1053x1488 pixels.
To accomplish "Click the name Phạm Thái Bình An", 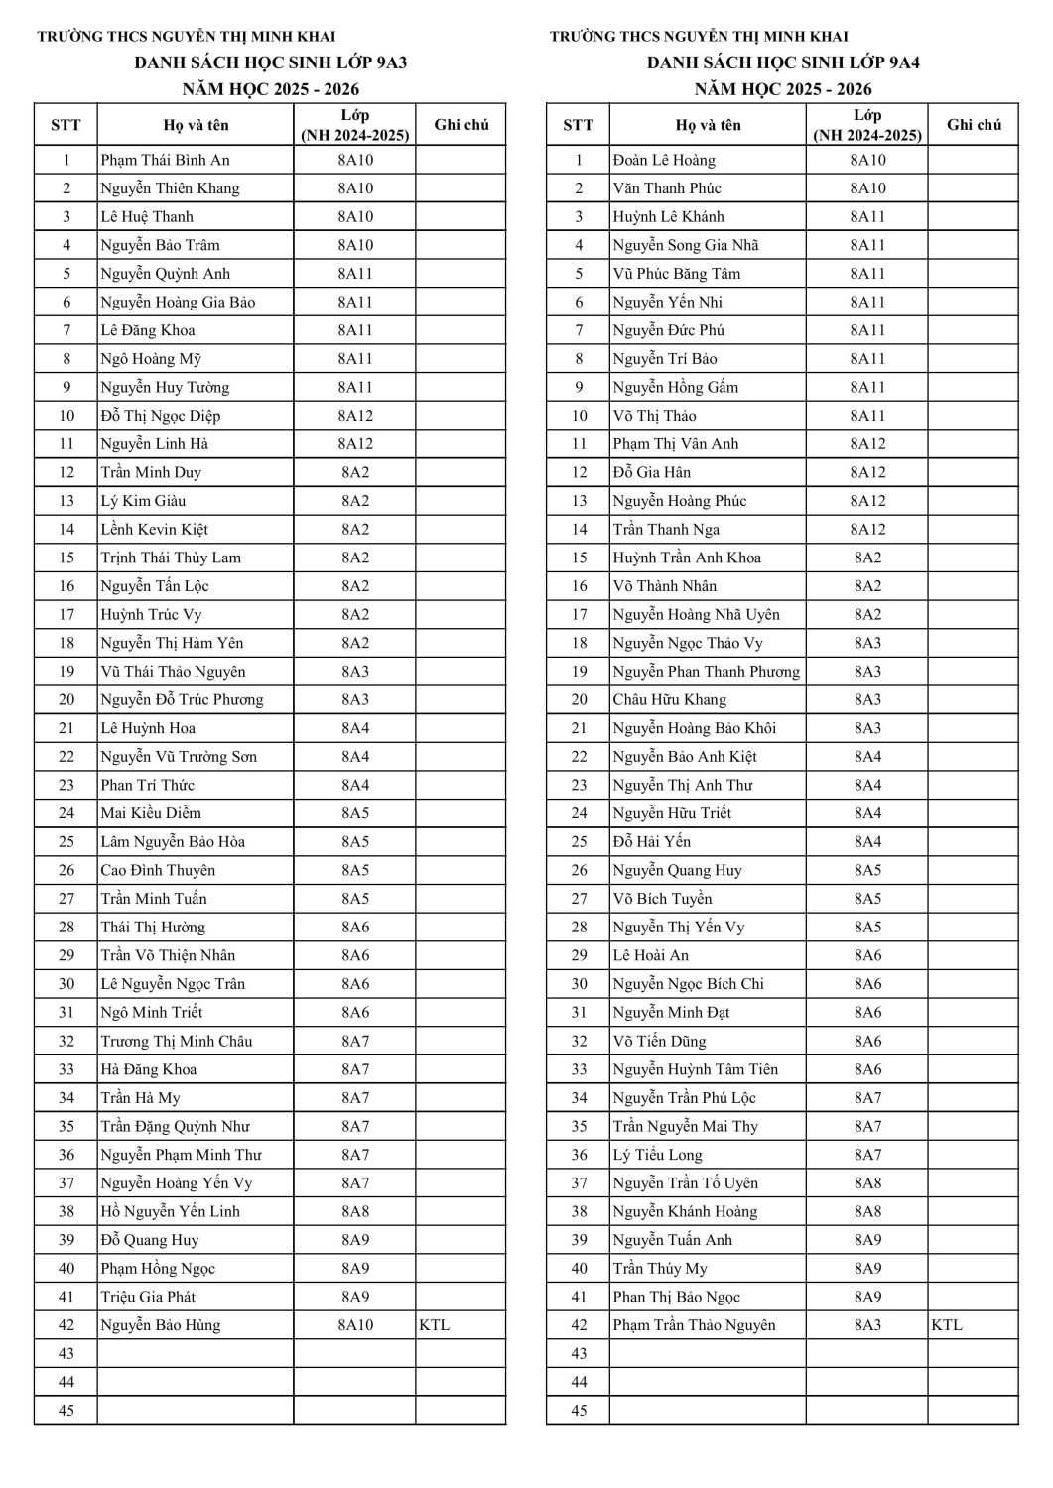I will coord(165,160).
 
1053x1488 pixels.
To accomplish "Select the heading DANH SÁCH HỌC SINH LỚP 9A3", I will coord(271,62).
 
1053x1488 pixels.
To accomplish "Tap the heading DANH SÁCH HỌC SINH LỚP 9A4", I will coord(783,62).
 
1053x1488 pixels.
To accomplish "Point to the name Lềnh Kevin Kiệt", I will coord(154,530).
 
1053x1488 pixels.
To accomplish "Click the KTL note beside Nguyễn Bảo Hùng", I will coord(435,1325).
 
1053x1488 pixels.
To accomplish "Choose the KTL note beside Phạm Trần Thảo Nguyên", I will coord(947,1325).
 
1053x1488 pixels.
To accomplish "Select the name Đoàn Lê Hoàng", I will coord(663,160).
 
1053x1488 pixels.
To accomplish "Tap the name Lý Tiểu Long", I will coord(657,1155).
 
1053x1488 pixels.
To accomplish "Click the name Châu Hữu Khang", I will coord(669,699).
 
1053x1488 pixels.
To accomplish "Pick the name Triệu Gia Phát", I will coord(148,1297).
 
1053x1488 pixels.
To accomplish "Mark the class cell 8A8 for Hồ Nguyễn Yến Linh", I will coord(355,1211).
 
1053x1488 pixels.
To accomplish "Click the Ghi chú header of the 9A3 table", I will coord(461,125).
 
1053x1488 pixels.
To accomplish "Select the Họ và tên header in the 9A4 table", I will coord(708,125).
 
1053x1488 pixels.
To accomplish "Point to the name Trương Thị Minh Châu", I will coord(177,1041).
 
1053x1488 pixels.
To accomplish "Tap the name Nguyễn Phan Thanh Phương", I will coord(706,672).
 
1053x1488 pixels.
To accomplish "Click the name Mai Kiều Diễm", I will coord(151,813).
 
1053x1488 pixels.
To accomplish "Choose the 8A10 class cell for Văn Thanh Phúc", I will coord(867,188).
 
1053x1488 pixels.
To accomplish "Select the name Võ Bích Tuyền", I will coord(662,899).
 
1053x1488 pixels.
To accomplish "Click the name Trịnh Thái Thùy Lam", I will coord(171,558).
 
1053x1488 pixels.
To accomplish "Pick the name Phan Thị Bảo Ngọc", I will coord(676,1297).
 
